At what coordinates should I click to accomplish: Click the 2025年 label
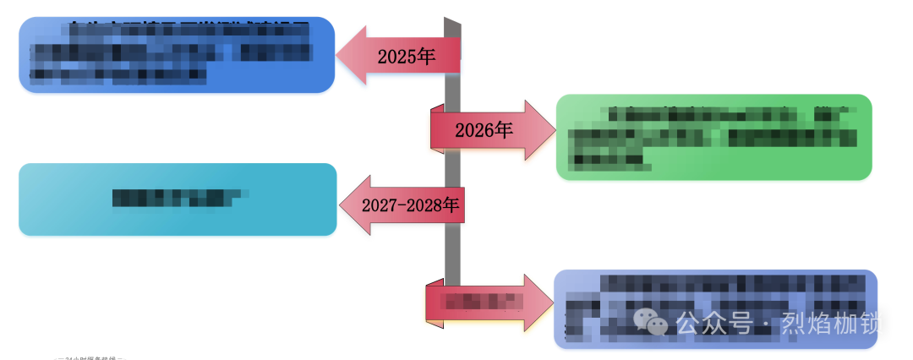[x=406, y=57]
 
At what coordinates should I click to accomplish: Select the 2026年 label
[x=484, y=130]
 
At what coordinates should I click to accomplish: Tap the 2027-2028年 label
[x=410, y=205]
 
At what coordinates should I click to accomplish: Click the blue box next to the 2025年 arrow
[x=177, y=54]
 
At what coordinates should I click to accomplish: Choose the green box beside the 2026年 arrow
[x=713, y=137]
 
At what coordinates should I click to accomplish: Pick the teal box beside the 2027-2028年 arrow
[x=178, y=199]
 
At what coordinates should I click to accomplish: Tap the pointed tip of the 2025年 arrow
[x=341, y=56]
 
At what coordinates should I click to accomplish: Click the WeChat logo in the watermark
[x=651, y=321]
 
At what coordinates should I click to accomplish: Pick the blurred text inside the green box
[x=710, y=135]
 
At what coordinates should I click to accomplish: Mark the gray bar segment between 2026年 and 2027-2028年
[x=453, y=169]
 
